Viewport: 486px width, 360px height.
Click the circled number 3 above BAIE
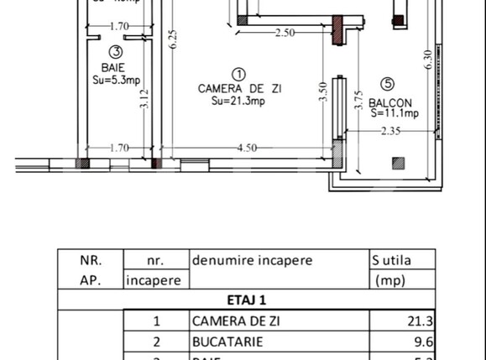pos(115,52)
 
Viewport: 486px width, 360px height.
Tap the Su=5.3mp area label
pos(115,81)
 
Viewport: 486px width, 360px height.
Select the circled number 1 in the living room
pos(238,74)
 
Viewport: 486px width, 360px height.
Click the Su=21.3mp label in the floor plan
pos(238,101)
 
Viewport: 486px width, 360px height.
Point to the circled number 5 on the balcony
pos(387,84)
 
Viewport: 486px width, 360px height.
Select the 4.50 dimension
pos(246,149)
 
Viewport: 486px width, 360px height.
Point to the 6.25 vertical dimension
pos(173,40)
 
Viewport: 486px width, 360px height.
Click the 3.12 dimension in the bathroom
pos(144,101)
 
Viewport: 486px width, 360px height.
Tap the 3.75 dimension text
pos(358,101)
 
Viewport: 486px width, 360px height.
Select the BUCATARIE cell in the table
pos(227,342)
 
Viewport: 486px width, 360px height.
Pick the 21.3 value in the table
pos(423,321)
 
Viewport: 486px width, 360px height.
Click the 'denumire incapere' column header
pos(252,260)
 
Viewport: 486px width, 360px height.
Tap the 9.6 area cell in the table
pos(425,342)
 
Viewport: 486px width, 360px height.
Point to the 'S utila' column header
pos(392,260)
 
